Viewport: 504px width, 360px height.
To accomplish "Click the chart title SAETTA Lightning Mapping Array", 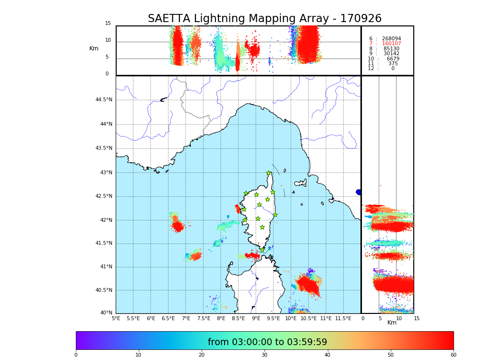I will pos(264,19).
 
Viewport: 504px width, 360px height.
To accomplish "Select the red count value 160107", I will pos(391,44).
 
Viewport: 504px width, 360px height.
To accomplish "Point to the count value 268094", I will pos(391,39).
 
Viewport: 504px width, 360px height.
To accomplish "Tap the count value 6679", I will pos(393,59).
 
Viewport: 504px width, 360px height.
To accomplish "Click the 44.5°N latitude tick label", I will pos(104,100).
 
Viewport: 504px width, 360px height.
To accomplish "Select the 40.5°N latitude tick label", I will pos(104,290).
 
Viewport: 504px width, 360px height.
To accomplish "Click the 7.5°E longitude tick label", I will pos(204,318).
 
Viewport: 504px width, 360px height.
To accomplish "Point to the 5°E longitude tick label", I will pos(116,318).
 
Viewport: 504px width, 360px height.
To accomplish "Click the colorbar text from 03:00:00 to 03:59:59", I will pos(267,342).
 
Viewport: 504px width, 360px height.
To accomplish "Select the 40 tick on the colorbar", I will pos(327,355).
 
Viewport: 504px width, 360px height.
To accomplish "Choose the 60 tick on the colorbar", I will pos(453,355).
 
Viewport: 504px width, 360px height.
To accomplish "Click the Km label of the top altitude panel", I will pos(94,48).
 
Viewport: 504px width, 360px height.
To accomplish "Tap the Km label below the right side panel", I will pos(392,323).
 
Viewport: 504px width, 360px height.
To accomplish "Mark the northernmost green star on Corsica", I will pos(269,173).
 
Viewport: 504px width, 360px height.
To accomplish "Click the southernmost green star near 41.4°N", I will pos(263,249).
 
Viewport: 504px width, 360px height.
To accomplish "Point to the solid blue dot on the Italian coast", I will pos(359,192).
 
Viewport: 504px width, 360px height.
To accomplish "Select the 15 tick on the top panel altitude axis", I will pos(108,24).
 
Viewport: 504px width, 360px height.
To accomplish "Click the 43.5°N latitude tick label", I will pos(104,148).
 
